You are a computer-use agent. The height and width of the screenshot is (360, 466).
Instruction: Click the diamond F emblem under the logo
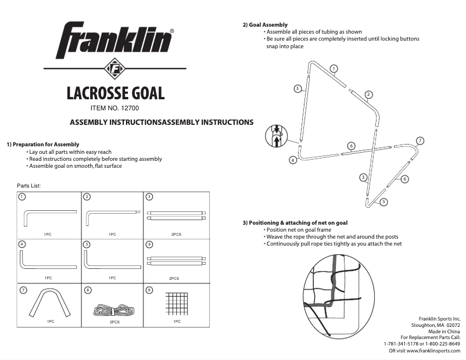click(x=114, y=69)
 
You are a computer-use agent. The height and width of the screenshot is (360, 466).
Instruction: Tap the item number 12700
click(x=115, y=108)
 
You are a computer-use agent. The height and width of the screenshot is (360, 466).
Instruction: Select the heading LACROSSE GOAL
click(x=115, y=93)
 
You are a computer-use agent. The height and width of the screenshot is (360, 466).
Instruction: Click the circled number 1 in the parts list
click(x=22, y=197)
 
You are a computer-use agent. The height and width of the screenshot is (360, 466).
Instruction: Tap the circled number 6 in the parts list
click(x=149, y=245)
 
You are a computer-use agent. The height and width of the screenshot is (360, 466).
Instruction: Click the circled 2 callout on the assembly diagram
click(x=368, y=93)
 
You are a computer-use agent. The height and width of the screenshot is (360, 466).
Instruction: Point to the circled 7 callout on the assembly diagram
click(x=420, y=141)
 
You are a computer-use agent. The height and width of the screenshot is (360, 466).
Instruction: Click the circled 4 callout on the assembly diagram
click(x=293, y=159)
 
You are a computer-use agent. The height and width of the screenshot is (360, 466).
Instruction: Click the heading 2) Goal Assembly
click(x=265, y=25)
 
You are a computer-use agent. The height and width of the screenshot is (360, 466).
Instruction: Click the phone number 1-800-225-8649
click(x=443, y=344)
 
